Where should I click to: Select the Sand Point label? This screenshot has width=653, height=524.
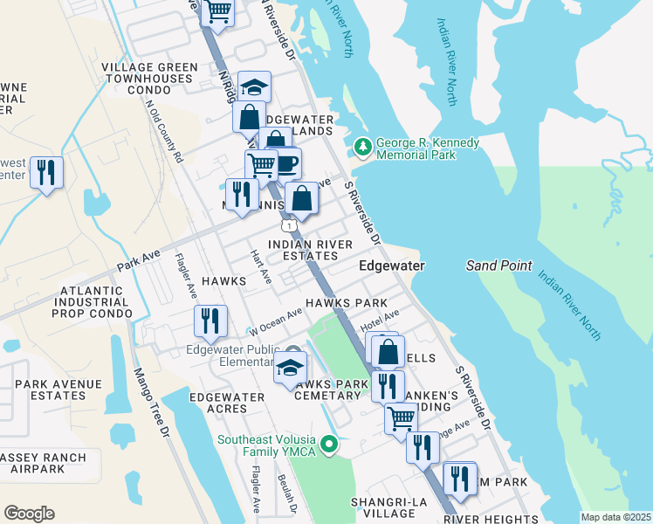tap(498, 265)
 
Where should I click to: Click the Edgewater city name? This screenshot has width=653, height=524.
tap(392, 265)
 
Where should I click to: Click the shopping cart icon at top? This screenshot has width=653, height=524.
tap(217, 12)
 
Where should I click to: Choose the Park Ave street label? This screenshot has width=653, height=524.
tap(139, 259)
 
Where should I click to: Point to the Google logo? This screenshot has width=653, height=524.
tap(29, 514)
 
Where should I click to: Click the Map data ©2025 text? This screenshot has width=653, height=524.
tap(615, 517)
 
